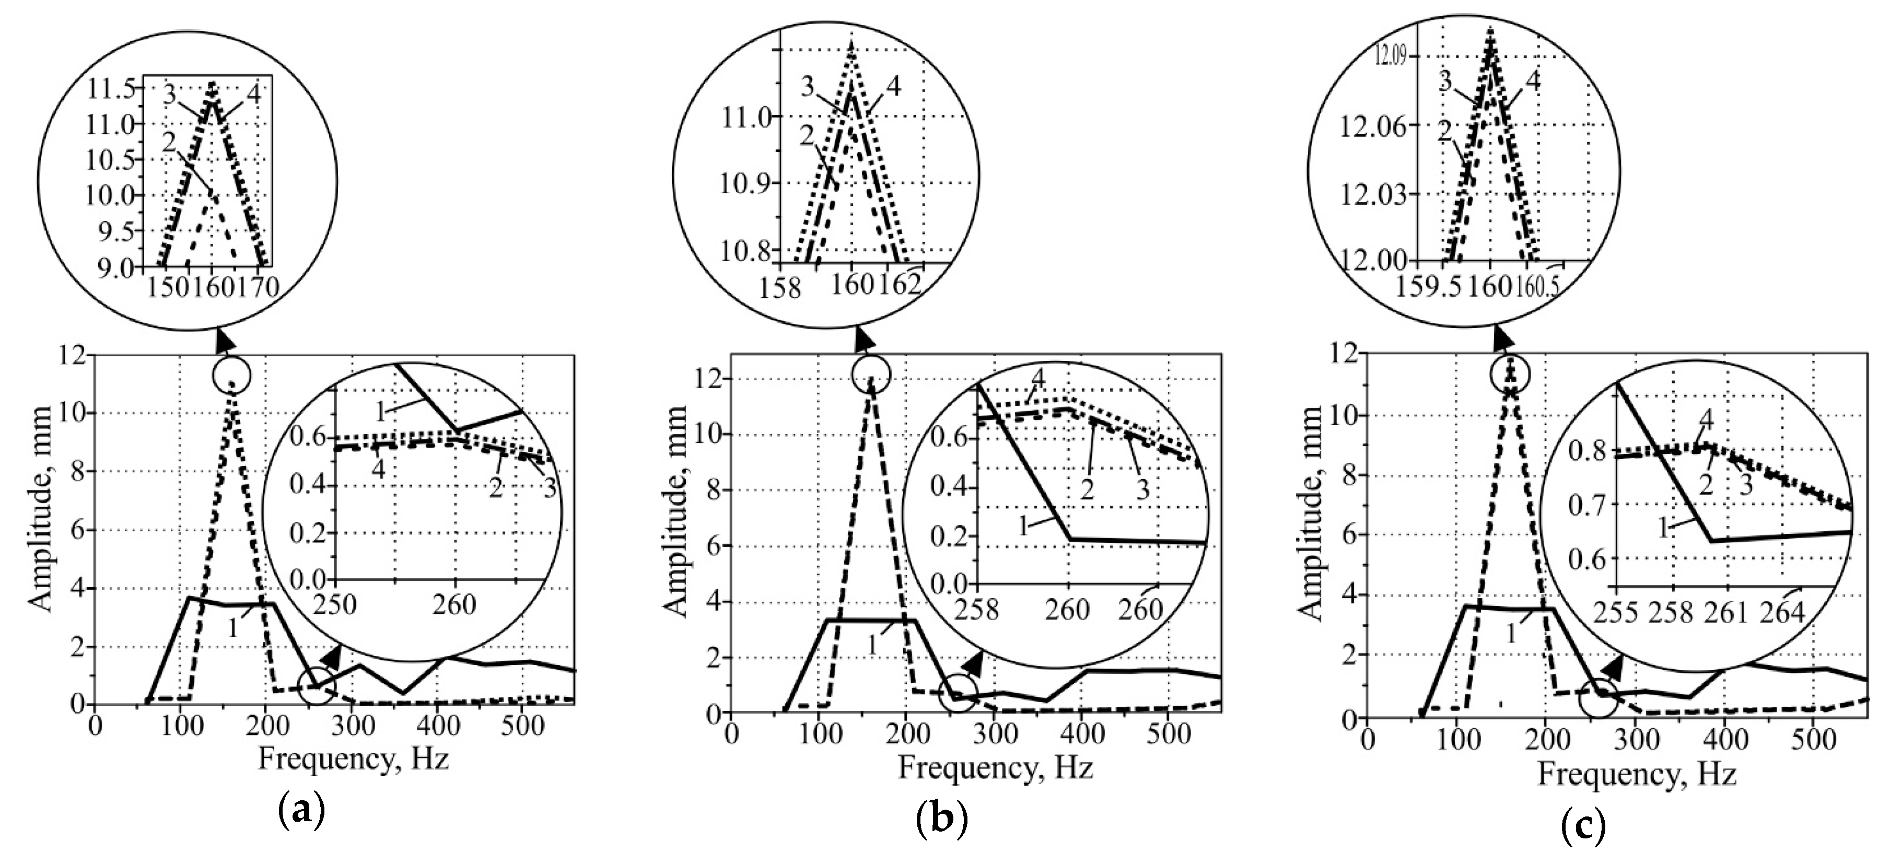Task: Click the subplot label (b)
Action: [x=942, y=820]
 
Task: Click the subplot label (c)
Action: [x=1583, y=827]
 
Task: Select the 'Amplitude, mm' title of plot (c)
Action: [x=1311, y=513]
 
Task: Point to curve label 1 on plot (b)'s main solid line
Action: [x=873, y=646]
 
